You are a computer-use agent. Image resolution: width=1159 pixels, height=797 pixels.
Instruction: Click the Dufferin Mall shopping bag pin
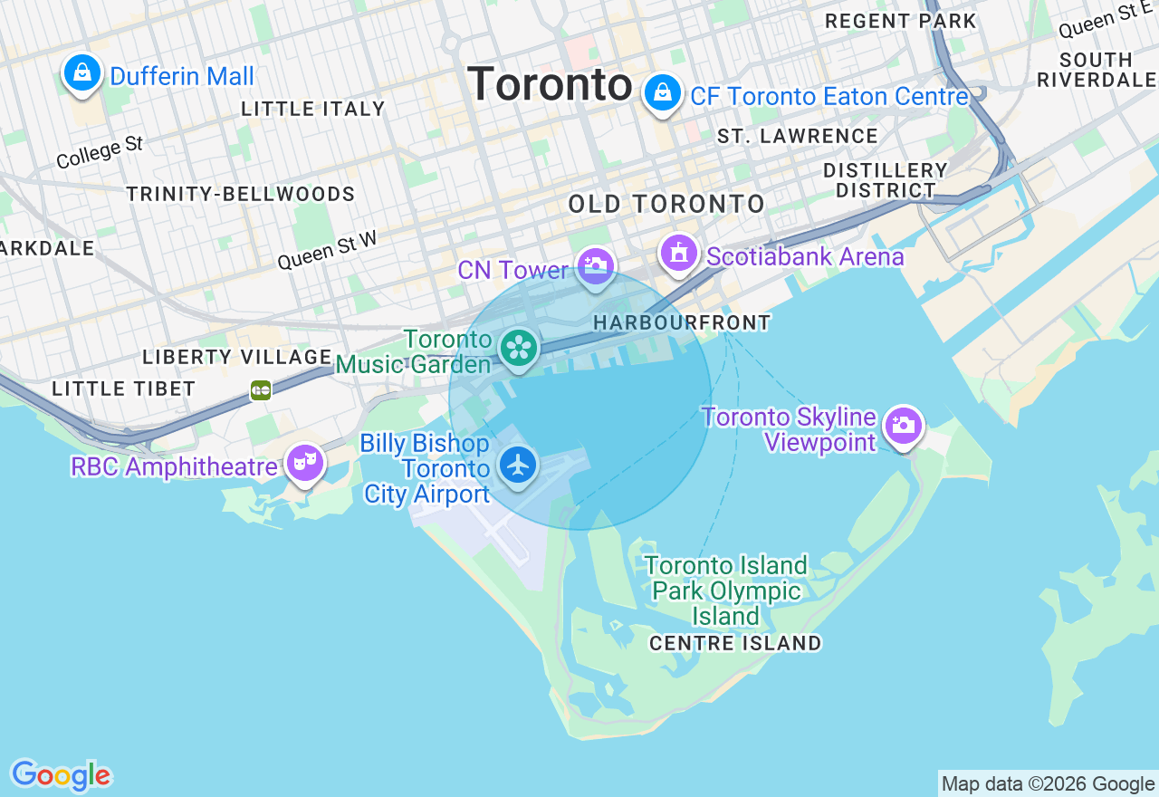[82, 72]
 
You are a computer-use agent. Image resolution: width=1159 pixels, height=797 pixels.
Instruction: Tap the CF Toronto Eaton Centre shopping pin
[663, 92]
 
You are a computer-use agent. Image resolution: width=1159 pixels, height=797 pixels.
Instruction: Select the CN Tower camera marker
[596, 266]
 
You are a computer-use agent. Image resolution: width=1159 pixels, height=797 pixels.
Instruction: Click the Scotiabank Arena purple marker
[679, 253]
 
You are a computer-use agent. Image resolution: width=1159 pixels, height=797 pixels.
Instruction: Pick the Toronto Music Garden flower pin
[519, 348]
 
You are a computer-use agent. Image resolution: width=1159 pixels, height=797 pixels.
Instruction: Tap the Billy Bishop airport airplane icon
[518, 466]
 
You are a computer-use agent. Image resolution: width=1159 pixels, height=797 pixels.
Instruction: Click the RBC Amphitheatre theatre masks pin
[305, 463]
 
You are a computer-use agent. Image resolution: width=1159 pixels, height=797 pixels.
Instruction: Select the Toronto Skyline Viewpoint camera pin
[903, 425]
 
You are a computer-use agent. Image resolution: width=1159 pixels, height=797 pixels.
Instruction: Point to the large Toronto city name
[550, 85]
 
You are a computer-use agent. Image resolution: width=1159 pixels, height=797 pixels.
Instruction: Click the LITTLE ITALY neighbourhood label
[313, 109]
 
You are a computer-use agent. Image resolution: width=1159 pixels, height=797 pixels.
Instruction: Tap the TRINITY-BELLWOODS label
[241, 194]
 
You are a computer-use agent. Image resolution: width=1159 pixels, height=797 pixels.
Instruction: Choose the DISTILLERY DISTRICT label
[886, 180]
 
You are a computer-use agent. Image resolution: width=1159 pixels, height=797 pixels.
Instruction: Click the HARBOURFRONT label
[682, 322]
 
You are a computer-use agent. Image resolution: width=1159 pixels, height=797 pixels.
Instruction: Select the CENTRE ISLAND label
[735, 643]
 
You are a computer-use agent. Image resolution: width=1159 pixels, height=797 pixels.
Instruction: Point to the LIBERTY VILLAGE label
[237, 357]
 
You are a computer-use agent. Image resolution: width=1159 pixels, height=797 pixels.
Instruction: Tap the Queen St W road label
[327, 249]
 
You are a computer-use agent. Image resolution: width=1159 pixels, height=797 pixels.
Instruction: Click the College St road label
[100, 152]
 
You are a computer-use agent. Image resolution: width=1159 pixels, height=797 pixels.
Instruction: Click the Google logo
[61, 775]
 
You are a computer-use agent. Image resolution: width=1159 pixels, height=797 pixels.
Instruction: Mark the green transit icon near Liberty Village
[261, 390]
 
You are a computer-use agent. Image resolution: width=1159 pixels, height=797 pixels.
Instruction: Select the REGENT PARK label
[901, 21]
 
